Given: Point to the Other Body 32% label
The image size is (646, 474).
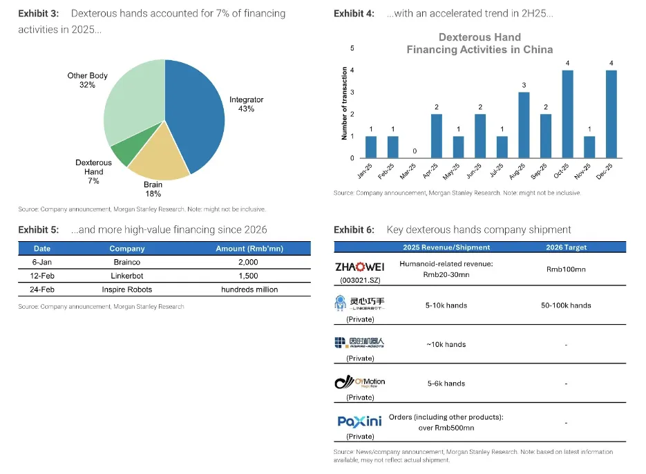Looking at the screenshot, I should [x=87, y=80].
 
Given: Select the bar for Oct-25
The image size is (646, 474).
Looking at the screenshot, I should [x=567, y=114].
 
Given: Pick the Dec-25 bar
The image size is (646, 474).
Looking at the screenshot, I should [x=611, y=114].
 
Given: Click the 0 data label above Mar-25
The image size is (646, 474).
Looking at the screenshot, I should [x=415, y=151].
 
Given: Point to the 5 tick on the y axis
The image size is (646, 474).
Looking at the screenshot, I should [x=352, y=48].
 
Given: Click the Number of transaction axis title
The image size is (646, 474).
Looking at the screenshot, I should [x=344, y=104].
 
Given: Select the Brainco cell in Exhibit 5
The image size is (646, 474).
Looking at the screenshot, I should [x=126, y=263].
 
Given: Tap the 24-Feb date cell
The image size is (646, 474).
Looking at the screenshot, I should [x=42, y=290].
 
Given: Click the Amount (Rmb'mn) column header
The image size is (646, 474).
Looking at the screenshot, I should [x=249, y=249].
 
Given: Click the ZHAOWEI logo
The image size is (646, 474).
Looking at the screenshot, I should [x=359, y=267].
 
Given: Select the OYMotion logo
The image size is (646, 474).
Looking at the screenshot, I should [x=359, y=382].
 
